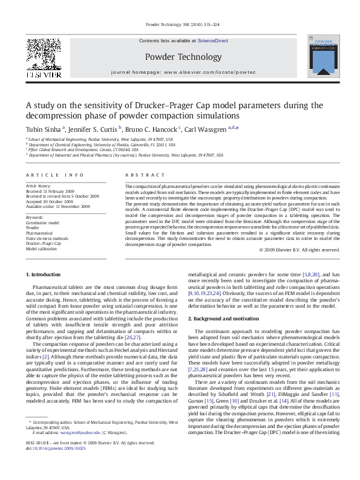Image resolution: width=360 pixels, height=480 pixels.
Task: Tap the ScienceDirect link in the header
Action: (x=213, y=41)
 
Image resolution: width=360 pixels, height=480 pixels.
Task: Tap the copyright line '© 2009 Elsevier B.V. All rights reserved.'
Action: (x=299, y=250)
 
